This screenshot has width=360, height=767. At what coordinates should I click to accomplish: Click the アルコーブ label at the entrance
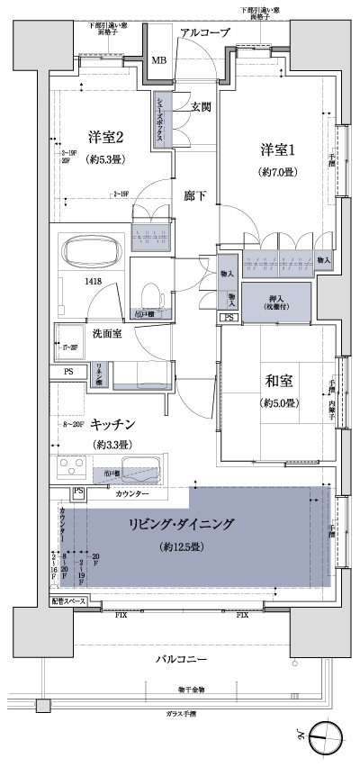(x=205, y=33)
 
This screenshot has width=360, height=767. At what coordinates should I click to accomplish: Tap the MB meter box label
(x=158, y=60)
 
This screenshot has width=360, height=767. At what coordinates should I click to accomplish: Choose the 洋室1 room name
(x=277, y=149)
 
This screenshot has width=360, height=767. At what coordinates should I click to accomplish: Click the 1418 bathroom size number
(x=94, y=283)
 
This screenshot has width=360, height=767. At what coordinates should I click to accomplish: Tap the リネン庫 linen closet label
(x=100, y=374)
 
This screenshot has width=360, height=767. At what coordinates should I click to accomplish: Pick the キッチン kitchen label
(x=113, y=423)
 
